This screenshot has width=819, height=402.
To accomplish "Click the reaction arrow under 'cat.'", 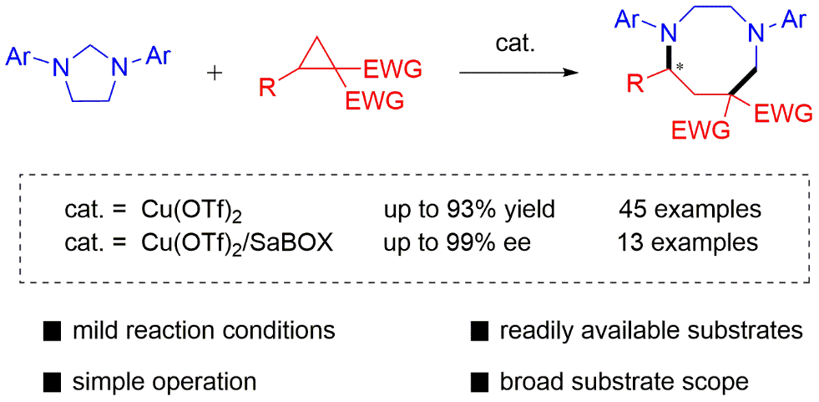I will click(518, 73).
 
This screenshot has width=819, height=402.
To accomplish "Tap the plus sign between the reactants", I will click(215, 73).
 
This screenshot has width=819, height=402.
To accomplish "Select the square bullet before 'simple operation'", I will click(53, 383).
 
